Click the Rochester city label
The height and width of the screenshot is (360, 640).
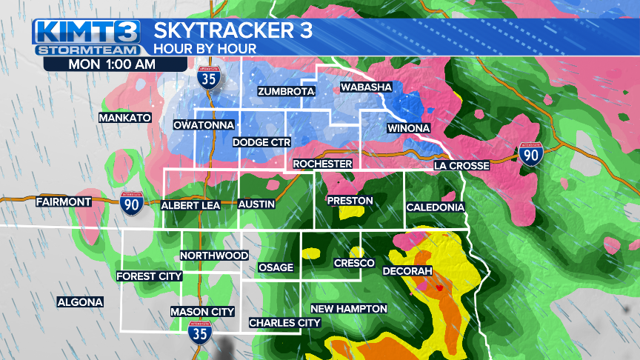321,164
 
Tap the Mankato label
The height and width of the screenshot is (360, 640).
125,118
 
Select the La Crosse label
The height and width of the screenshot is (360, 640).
461,165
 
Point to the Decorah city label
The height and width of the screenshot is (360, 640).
407,272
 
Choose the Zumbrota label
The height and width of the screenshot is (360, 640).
286,92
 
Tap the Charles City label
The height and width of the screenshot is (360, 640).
284,323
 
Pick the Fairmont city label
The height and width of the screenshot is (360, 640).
63,201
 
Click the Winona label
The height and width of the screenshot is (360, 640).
408,129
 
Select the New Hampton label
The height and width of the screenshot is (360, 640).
348,308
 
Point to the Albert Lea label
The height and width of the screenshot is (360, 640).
190,205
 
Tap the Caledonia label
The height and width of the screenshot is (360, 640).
435,207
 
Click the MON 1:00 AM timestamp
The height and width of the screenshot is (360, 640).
112,64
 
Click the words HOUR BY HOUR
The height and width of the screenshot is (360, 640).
204,49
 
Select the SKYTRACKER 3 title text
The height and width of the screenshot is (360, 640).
233,31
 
